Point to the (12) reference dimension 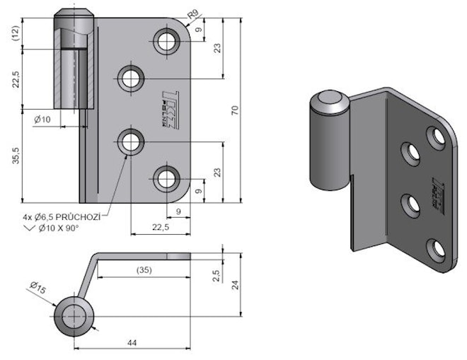click(x=15, y=35)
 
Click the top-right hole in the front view click(x=168, y=41)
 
